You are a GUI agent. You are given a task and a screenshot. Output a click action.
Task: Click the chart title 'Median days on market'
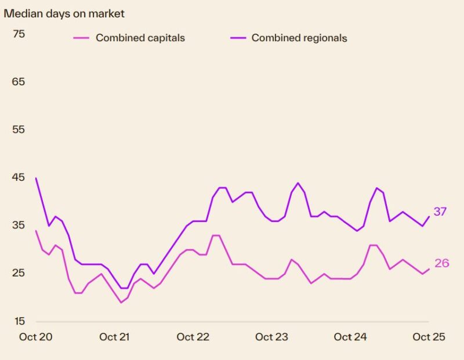(64, 13)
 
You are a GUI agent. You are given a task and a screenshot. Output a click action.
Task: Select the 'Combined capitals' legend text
(140, 38)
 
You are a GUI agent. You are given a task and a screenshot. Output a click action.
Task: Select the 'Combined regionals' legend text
(299, 38)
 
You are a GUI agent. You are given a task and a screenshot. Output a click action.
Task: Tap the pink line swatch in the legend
(81, 38)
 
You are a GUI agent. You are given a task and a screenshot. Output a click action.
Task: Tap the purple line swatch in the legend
(237, 38)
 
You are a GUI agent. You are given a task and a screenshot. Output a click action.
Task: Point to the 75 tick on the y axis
(19, 34)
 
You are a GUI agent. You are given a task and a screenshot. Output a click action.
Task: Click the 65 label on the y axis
(19, 82)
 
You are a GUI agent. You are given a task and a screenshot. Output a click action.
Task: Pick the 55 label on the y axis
(19, 129)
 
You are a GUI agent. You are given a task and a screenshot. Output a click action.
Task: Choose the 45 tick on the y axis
(19, 177)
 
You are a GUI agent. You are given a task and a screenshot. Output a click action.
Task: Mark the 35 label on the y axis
(19, 225)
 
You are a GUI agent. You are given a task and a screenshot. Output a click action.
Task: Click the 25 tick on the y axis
(19, 272)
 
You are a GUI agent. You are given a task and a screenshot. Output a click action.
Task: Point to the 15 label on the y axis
(19, 321)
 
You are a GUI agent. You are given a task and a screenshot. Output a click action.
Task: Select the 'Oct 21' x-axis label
(115, 337)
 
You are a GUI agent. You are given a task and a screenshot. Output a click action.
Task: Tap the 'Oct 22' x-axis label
(193, 337)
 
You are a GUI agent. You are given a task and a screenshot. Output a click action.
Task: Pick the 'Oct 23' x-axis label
(272, 337)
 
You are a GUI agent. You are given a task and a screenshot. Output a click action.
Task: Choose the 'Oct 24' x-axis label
(350, 337)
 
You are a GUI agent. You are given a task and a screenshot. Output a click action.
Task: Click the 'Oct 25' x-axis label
(429, 337)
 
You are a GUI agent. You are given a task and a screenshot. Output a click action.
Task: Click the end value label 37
(440, 212)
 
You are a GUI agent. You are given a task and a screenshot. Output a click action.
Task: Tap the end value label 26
(442, 263)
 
